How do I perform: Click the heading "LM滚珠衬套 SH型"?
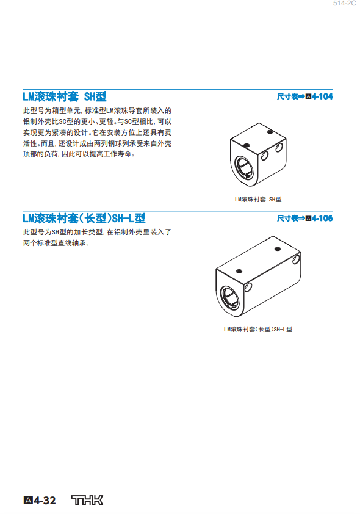pyautogui.click(x=65, y=96)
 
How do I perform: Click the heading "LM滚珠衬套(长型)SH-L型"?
pyautogui.click(x=84, y=219)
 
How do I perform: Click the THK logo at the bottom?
pyautogui.click(x=87, y=500)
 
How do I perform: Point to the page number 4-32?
pyautogui.click(x=40, y=501)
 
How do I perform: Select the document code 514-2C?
pyautogui.click(x=344, y=3)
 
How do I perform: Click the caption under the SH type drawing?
pyautogui.click(x=258, y=199)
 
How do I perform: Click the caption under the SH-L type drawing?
pyautogui.click(x=258, y=330)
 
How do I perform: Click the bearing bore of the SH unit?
pyautogui.click(x=244, y=168)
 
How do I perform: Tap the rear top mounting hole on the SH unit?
pyautogui.click(x=270, y=132)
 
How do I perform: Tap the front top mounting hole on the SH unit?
pyautogui.click(x=247, y=145)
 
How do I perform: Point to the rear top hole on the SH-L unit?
pyautogui.click(x=278, y=249)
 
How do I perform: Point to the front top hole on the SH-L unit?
pyautogui.click(x=239, y=271)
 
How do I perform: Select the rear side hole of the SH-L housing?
pyautogui.click(x=296, y=259)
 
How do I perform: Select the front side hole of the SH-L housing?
pyautogui.click(x=248, y=287)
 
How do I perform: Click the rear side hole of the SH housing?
pyautogui.click(x=279, y=148)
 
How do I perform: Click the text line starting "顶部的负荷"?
pyautogui.click(x=79, y=154)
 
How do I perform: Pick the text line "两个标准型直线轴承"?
pyautogui.click(x=56, y=243)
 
